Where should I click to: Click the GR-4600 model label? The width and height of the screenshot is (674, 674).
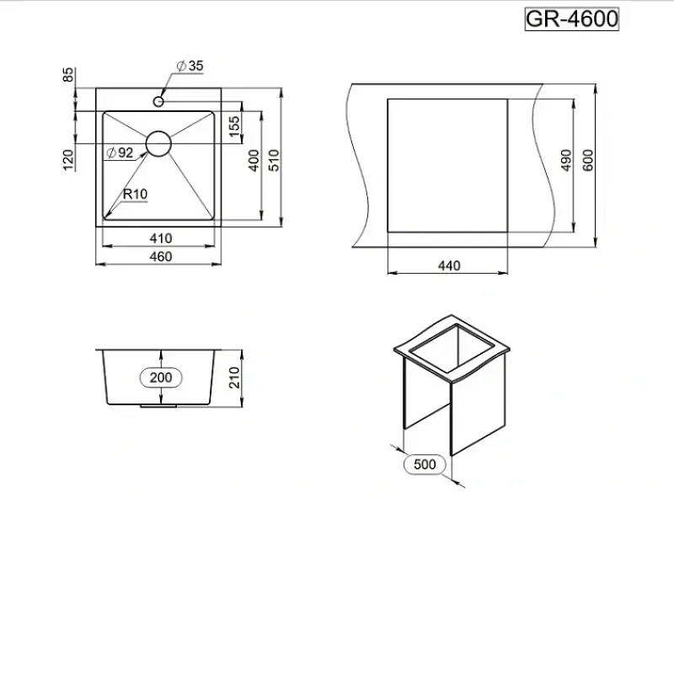click(572, 19)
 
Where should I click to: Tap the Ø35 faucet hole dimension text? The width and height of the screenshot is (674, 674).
click(190, 66)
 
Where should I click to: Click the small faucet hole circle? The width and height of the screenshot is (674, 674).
click(158, 101)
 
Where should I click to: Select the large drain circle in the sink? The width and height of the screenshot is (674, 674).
click(158, 143)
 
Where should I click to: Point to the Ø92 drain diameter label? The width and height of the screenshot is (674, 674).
click(120, 152)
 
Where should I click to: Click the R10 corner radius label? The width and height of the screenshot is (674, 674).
click(135, 194)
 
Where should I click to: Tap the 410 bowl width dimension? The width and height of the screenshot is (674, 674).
click(161, 238)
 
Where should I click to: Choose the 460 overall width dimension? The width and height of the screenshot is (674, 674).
click(161, 257)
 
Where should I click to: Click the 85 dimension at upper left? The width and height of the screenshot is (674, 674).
click(68, 75)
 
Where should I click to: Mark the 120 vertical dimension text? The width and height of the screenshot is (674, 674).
click(68, 160)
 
